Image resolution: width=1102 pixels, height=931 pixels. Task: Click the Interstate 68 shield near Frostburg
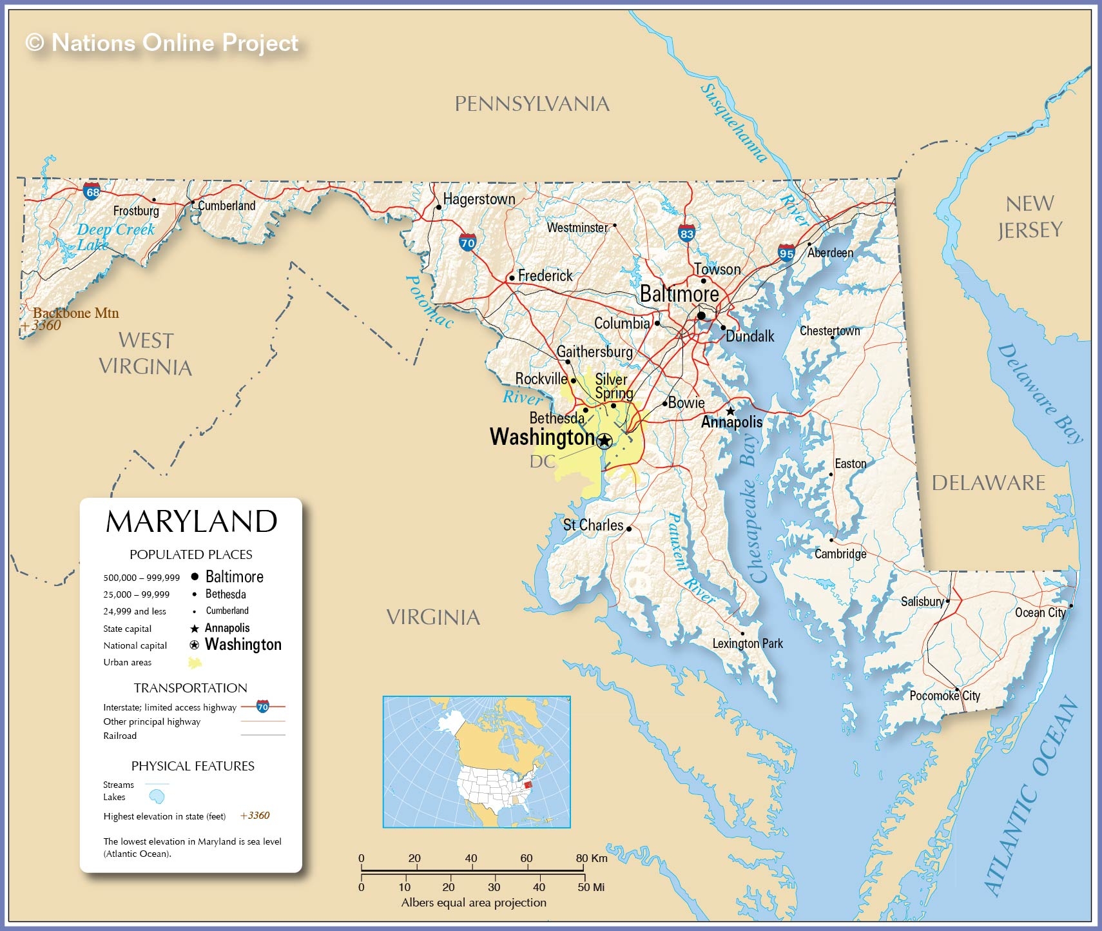(x=92, y=191)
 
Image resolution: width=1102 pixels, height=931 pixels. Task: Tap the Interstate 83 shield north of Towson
(x=686, y=233)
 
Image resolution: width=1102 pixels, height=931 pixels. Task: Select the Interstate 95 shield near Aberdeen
(x=786, y=253)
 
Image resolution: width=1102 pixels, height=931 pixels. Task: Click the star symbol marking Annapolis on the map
(x=730, y=411)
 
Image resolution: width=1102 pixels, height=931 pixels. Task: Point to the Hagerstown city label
(x=479, y=199)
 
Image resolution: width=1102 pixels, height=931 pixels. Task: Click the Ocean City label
(x=1039, y=612)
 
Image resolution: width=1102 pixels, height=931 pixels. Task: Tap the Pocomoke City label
(x=944, y=696)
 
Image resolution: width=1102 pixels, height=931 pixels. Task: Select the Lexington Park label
(x=747, y=643)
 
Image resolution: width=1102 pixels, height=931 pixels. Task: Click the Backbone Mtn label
(x=76, y=313)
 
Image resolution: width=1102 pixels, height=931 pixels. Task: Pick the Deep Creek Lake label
(x=115, y=237)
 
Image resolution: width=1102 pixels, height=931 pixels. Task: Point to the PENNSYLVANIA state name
(x=532, y=104)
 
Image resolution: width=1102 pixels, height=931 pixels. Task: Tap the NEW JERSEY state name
(x=1029, y=217)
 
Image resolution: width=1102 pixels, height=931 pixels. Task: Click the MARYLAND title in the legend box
(x=191, y=522)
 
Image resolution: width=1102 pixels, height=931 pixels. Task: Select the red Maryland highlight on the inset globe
(x=528, y=785)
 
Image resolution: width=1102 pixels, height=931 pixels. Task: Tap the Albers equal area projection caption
(x=474, y=903)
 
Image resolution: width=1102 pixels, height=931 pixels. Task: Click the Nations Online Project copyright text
(x=162, y=43)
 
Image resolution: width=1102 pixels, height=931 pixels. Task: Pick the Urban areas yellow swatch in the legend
(x=195, y=662)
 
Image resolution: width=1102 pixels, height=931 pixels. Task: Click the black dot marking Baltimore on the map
(x=701, y=315)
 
